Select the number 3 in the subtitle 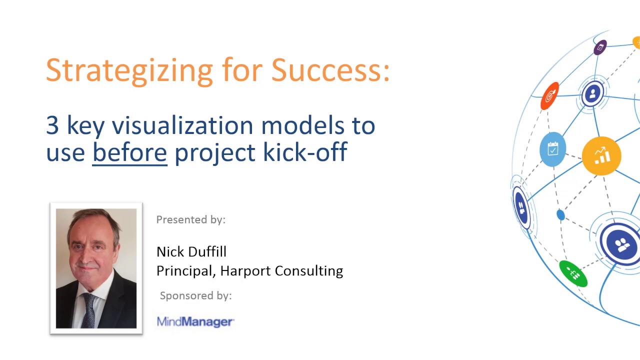[x=52, y=125]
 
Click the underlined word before [x=129, y=151]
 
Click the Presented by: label [x=191, y=219]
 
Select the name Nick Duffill [x=191, y=251]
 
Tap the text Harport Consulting [x=281, y=270]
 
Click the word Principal [x=185, y=270]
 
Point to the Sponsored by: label [x=195, y=295]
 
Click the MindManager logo [x=195, y=321]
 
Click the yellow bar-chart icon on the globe [x=601, y=156]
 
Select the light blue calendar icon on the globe [x=552, y=149]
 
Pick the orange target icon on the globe [x=550, y=95]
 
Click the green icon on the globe [x=573, y=273]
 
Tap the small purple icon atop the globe [x=600, y=47]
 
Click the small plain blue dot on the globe [x=560, y=215]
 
